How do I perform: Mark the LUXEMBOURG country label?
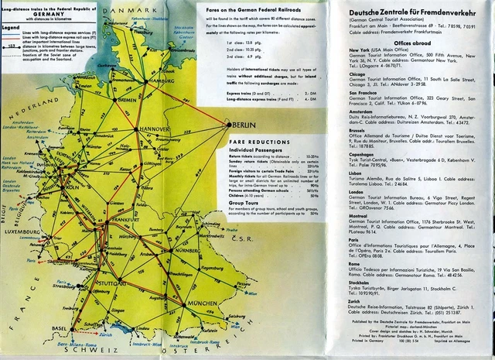(x=21, y=230)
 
